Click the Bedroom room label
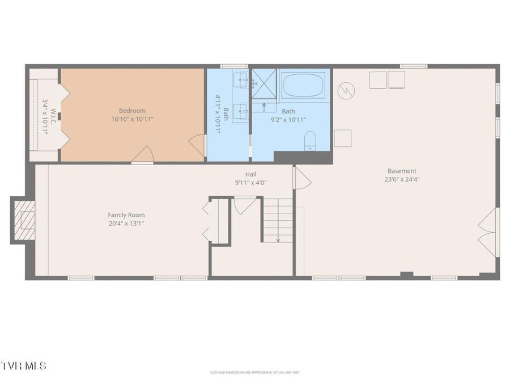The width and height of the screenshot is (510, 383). [x=132, y=111]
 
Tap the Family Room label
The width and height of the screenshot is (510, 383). [x=126, y=215]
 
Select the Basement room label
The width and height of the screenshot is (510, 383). [x=402, y=171]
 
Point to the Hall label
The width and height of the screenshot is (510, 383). [x=251, y=174]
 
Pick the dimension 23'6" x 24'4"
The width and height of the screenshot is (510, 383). [x=402, y=179]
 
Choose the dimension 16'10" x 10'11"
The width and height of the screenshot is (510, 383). [x=133, y=119]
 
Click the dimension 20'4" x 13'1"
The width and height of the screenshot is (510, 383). [x=126, y=224]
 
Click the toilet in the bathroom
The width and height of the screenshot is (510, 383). [x=310, y=141]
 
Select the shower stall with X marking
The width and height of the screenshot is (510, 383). [x=264, y=83]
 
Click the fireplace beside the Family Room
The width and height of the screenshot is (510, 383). [x=23, y=220]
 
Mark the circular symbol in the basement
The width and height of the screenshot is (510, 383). [x=346, y=90]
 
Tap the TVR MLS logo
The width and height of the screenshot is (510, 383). [x=24, y=365]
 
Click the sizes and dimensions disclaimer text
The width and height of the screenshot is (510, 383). [x=254, y=372]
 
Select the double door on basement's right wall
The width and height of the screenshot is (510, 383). [x=488, y=232]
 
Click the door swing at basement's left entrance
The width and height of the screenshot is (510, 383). [x=301, y=178]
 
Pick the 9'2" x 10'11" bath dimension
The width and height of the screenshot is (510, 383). [x=288, y=120]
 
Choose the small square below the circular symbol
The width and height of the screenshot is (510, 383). [x=342, y=138]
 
